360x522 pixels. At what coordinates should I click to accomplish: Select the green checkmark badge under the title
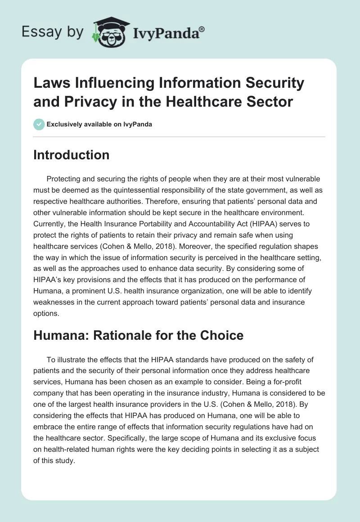[x=39, y=124]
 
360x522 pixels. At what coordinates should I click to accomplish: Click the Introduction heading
[x=72, y=155]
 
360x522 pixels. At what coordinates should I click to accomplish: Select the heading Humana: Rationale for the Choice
[x=139, y=335]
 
